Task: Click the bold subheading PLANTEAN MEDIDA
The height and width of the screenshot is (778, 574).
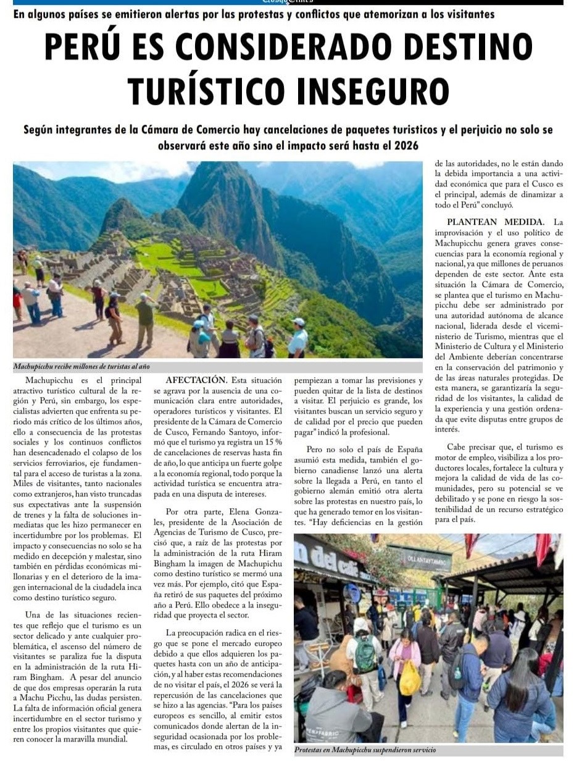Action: pos(499,222)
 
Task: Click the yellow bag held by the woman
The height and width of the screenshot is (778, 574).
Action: pos(409,677)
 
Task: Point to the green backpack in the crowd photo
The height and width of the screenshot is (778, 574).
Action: pos(366,653)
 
